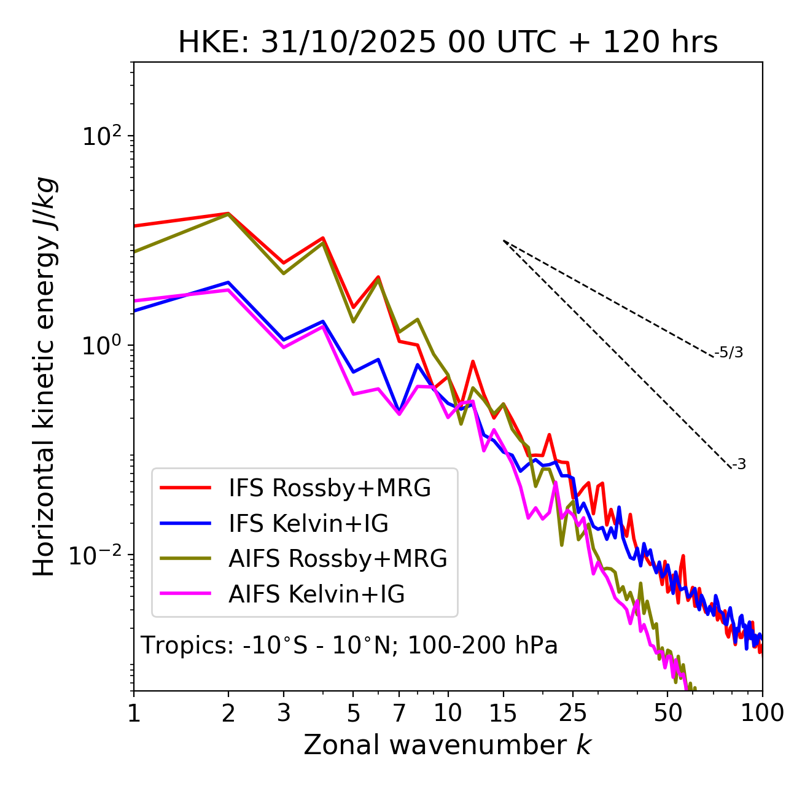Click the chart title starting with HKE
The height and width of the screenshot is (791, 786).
(x=448, y=43)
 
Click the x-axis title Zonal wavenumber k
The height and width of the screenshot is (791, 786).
(x=447, y=745)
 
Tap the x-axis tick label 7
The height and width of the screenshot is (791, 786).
(x=399, y=712)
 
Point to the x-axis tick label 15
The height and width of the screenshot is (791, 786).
(x=503, y=712)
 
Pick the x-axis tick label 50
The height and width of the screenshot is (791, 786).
(x=667, y=712)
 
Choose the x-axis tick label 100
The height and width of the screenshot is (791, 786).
(x=762, y=712)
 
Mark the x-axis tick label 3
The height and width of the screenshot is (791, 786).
(x=284, y=712)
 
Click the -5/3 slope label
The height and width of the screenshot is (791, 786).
(x=729, y=353)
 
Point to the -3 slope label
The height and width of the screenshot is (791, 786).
(x=739, y=465)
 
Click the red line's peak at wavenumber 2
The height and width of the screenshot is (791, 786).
(x=228, y=213)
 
